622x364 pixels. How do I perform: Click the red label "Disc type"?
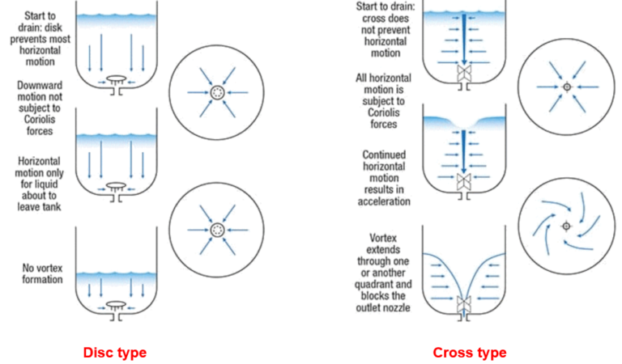(x=114, y=353)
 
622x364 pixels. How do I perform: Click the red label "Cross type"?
(x=469, y=353)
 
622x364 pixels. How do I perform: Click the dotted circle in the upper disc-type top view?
(x=217, y=94)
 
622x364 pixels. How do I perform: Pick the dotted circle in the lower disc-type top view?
(x=217, y=231)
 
